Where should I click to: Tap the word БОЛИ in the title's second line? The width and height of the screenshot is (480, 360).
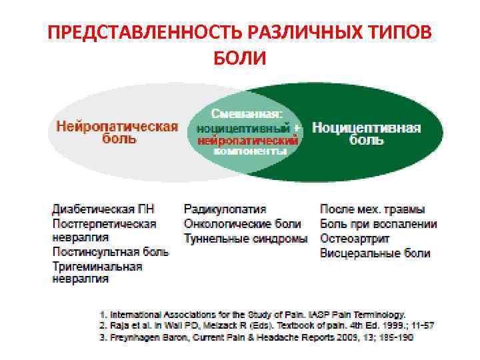pyautogui.click(x=240, y=59)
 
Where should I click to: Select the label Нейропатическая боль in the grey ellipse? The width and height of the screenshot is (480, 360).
pyautogui.click(x=117, y=133)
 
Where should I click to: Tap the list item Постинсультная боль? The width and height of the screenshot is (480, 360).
pyautogui.click(x=111, y=252)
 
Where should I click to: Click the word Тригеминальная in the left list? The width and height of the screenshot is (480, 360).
pyautogui.click(x=97, y=266)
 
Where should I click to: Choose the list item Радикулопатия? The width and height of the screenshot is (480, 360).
pyautogui.click(x=225, y=209)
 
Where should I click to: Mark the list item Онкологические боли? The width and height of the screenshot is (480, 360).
pyautogui.click(x=242, y=224)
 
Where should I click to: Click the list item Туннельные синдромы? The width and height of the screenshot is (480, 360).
pyautogui.click(x=245, y=238)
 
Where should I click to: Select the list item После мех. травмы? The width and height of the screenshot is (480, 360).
pyautogui.click(x=372, y=209)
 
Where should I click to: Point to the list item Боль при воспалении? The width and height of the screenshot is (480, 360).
pyautogui.click(x=378, y=224)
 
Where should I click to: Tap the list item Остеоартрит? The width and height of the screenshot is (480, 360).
pyautogui.click(x=355, y=238)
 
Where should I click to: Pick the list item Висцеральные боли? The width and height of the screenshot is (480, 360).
pyautogui.click(x=375, y=253)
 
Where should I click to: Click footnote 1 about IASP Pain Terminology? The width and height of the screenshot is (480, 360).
pyautogui.click(x=252, y=313)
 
